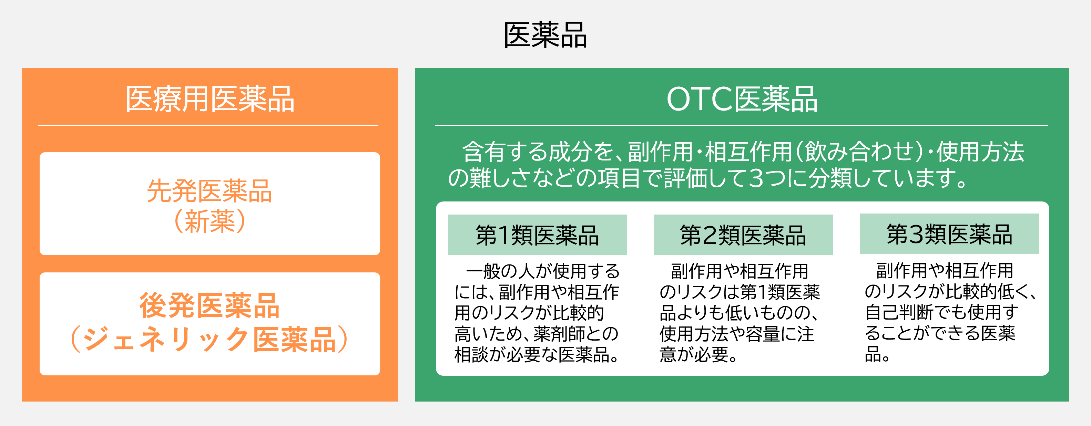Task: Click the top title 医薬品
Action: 545,35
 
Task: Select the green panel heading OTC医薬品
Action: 742,99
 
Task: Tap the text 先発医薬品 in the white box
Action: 210,191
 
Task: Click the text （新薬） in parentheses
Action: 210,221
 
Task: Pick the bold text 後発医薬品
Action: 210,306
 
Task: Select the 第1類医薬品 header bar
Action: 537,235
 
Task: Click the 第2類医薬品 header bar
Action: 743,235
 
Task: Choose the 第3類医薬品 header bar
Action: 949,234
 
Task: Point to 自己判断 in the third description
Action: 899,312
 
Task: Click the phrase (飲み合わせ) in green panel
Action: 860,152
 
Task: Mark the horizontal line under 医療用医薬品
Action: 208,125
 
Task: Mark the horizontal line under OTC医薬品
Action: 741,125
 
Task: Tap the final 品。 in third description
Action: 877,354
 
